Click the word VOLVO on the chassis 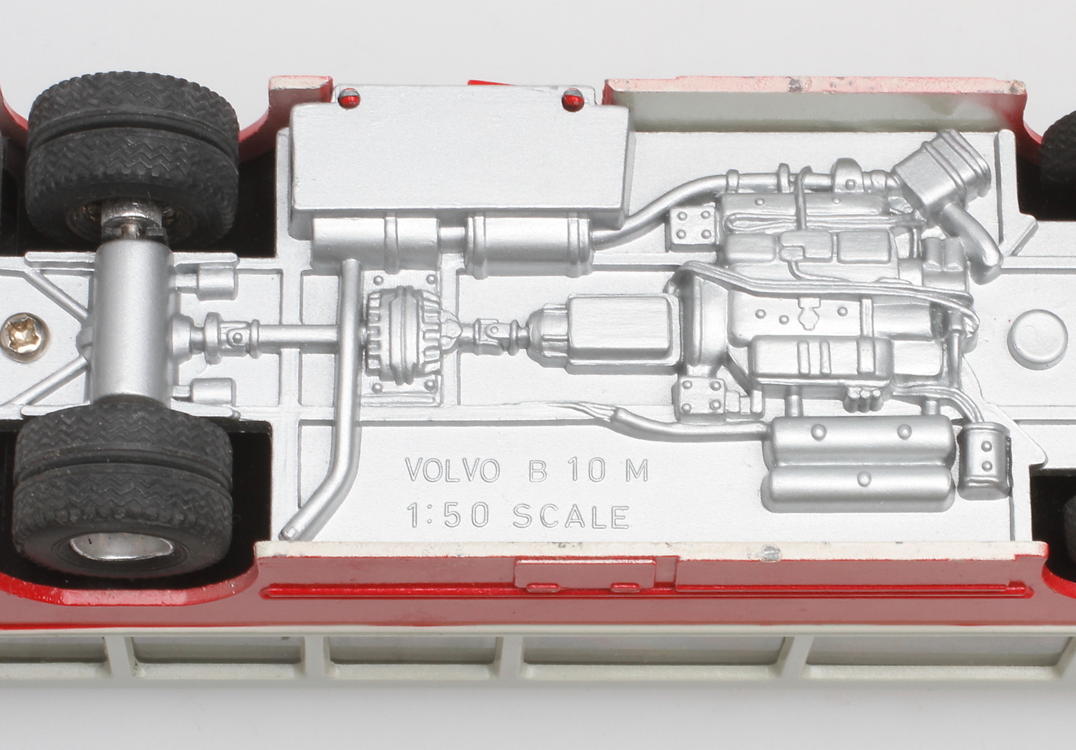click(452, 469)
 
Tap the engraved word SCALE click(571, 517)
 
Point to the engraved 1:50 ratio click(448, 515)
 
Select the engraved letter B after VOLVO click(537, 469)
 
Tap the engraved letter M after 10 click(637, 469)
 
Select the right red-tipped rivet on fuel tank click(573, 100)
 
